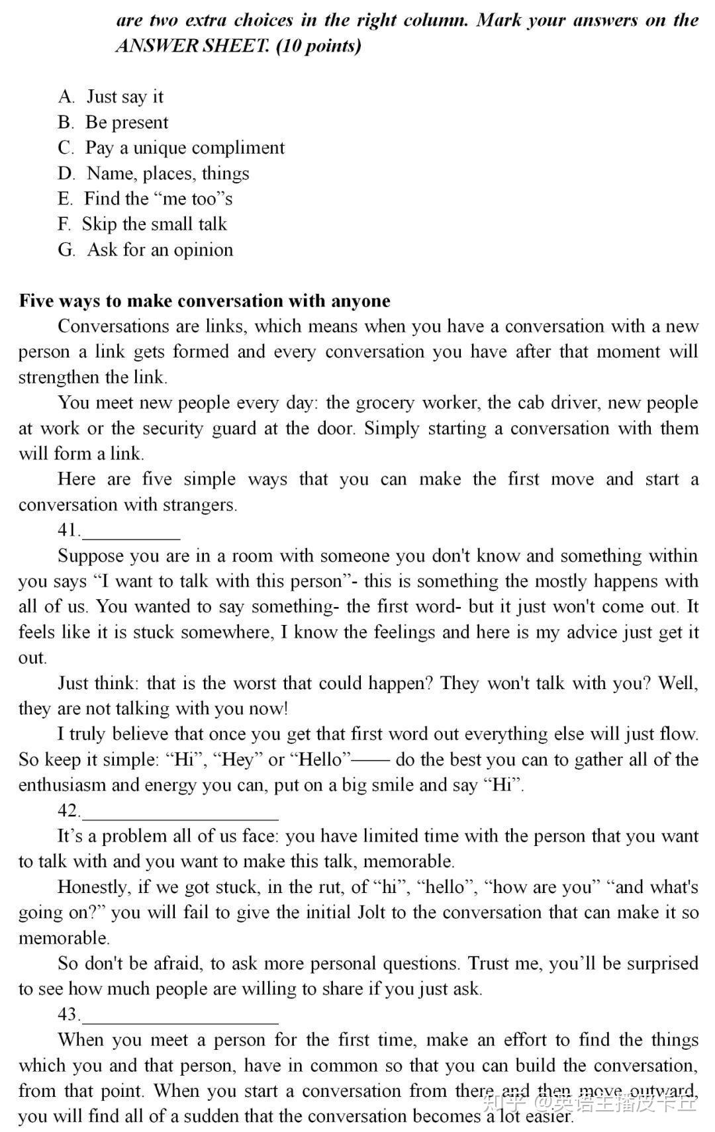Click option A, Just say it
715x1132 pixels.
click(111, 97)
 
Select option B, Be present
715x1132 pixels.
click(113, 122)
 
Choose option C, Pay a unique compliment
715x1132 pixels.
click(171, 148)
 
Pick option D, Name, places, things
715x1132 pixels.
click(154, 173)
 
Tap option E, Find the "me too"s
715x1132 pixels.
click(145, 199)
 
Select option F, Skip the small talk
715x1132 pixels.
click(142, 224)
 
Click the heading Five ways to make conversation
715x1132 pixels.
click(205, 301)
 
